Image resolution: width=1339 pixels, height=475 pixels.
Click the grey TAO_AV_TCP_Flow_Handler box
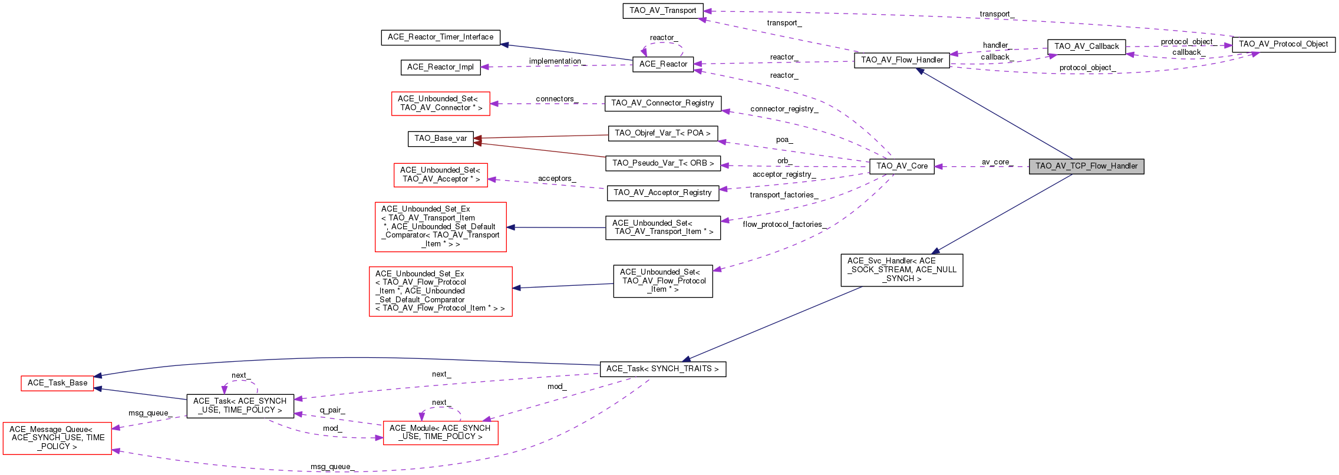1086,166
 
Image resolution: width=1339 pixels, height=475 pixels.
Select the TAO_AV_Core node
902,166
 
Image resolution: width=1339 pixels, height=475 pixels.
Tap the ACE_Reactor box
663,64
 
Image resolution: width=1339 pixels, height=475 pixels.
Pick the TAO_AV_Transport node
663,11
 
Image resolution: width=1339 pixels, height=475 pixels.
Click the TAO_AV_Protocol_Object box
1283,44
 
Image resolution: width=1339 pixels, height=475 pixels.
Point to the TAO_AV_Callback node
1086,47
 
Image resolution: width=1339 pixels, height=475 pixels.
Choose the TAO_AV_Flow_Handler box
902,60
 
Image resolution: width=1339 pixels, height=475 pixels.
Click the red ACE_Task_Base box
57,383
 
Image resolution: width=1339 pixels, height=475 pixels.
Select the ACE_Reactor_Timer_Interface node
440,37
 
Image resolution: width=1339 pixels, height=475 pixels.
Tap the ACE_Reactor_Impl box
440,67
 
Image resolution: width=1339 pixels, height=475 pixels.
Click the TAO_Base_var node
440,138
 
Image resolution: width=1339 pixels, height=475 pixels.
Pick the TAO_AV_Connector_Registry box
662,103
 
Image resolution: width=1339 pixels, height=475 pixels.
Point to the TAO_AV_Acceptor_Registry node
662,193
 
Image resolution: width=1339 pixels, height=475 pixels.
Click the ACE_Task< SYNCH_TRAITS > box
662,369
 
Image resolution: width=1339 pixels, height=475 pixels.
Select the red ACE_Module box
440,433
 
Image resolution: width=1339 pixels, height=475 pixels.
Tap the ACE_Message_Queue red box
57,438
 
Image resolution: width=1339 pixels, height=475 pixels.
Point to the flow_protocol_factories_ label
784,225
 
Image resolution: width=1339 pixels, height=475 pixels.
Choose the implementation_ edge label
556,61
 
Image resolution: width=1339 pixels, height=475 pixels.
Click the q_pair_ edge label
332,410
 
